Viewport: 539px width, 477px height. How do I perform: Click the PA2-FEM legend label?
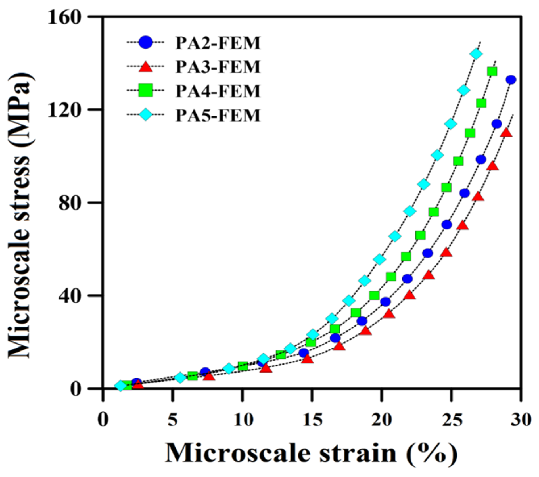coord(218,43)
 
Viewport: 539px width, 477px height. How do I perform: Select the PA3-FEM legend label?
coord(218,67)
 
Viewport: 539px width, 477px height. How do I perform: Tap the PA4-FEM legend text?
coord(218,91)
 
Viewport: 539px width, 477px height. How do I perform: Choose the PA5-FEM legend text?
coord(218,115)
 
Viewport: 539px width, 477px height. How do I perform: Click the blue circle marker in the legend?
coord(145,43)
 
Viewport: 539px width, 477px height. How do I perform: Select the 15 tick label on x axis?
coord(312,419)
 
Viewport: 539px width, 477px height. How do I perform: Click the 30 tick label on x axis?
coord(521,419)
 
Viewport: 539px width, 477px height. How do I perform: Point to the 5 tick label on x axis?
coord(172,419)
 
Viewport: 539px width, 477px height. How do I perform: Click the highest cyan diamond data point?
coord(476,54)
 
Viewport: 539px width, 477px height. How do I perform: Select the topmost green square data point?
coord(492,71)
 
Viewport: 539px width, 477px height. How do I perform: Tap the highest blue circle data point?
coord(511,80)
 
